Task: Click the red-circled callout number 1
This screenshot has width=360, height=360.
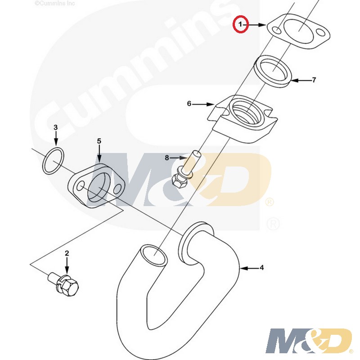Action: click(x=240, y=24)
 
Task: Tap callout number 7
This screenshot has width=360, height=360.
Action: click(x=314, y=80)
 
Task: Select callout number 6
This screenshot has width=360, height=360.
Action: click(x=189, y=104)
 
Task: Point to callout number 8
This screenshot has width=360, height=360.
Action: click(x=167, y=158)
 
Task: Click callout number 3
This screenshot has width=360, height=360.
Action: click(x=55, y=127)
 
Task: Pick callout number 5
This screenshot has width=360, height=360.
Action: click(x=99, y=141)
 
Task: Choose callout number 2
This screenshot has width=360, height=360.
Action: click(x=67, y=253)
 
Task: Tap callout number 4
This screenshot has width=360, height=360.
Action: click(x=262, y=267)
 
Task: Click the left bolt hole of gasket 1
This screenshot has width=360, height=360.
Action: click(x=277, y=31)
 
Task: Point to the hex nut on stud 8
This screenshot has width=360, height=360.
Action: click(x=178, y=180)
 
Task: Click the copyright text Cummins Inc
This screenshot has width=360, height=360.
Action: click(x=55, y=3)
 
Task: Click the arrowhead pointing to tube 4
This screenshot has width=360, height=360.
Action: click(x=243, y=268)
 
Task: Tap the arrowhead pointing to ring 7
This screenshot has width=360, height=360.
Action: click(x=295, y=81)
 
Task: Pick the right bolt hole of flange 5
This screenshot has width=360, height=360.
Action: click(x=118, y=189)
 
